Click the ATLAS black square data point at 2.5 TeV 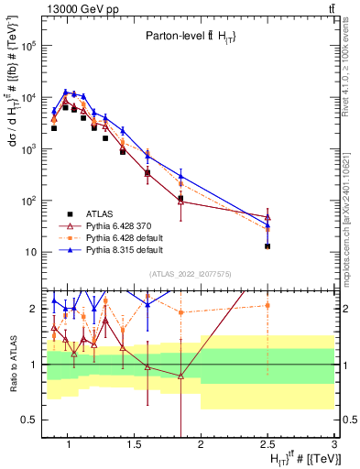click(267, 246)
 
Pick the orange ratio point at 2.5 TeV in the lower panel click(267, 305)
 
